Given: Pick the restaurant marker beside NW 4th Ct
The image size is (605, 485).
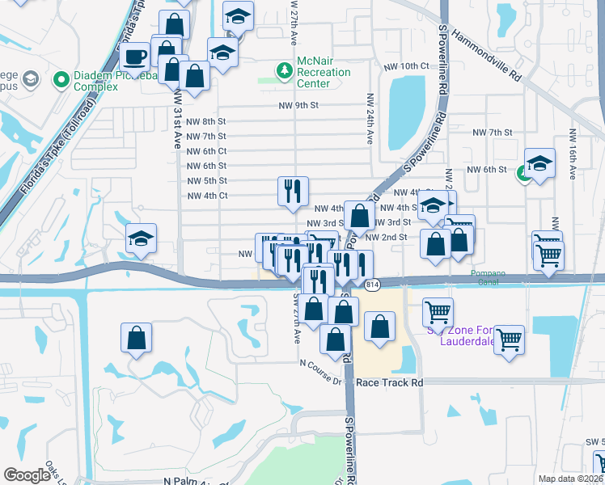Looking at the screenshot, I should [x=292, y=191].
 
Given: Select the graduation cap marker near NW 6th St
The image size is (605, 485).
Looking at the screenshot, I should [x=539, y=163].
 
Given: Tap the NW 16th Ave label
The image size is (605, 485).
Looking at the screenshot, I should [x=573, y=154].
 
